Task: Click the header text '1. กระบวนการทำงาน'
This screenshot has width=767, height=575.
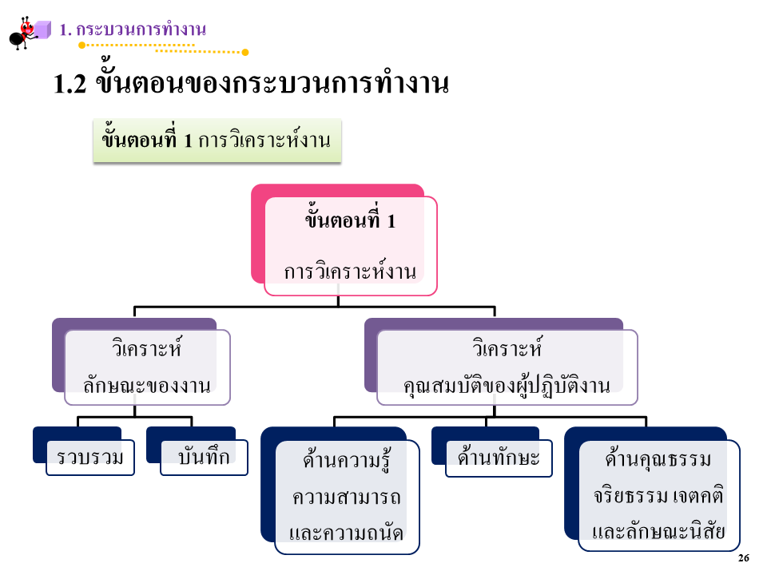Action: coord(133,30)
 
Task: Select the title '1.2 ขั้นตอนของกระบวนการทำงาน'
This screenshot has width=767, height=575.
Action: coord(251,85)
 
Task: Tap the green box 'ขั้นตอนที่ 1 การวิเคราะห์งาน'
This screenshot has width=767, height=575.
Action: coord(217,141)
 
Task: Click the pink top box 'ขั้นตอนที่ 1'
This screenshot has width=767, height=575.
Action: coord(351,221)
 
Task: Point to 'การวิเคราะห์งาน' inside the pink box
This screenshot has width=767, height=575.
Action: coord(351,272)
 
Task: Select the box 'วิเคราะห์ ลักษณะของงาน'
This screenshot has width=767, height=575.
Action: coord(147,367)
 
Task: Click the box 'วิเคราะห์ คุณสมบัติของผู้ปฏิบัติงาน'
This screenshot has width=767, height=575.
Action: coord(507,367)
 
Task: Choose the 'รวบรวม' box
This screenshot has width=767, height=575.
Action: coord(89,457)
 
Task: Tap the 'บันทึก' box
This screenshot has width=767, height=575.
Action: coord(204,457)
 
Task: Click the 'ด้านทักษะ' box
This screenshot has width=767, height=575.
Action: coord(499,458)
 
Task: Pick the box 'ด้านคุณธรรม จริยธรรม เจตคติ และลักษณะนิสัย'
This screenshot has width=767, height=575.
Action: coord(658,496)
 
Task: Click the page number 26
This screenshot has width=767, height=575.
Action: coord(744,558)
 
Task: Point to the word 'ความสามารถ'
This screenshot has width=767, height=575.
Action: coord(347,497)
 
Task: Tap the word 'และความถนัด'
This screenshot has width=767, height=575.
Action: coord(347,533)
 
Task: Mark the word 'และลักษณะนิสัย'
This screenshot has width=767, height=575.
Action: coord(658,532)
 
